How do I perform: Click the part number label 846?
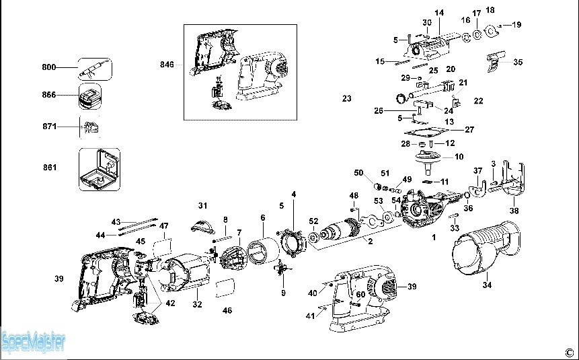pos(167,65)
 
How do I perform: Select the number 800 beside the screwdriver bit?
pos(48,67)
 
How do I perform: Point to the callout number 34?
pos(486,285)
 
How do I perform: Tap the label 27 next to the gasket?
pos(469,129)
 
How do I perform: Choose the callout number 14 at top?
pos(440,13)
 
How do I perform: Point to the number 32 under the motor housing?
pos(197,305)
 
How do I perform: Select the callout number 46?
pos(227,311)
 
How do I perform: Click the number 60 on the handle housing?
pos(360,295)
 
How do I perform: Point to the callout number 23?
pos(346,98)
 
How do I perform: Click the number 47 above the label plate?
pos(163,225)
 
